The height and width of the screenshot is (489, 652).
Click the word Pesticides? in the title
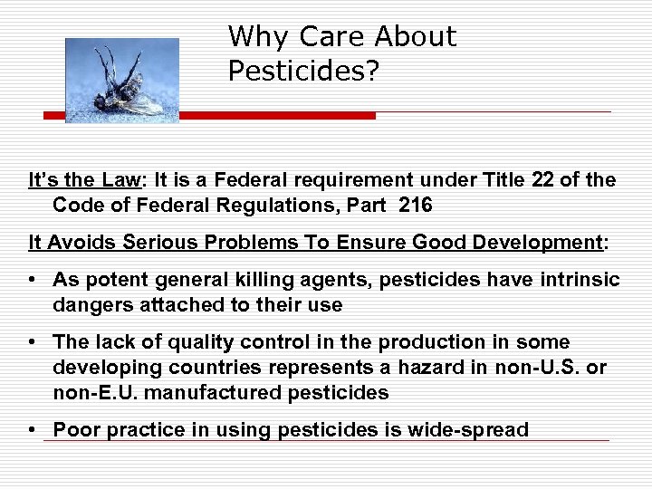[x=302, y=71]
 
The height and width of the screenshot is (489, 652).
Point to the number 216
[x=415, y=206]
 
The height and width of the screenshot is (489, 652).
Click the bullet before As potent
[x=34, y=280]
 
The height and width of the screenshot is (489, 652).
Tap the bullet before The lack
[x=34, y=342]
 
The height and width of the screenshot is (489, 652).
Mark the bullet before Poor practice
[x=34, y=429]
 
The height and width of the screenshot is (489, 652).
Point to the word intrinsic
[x=579, y=280]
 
